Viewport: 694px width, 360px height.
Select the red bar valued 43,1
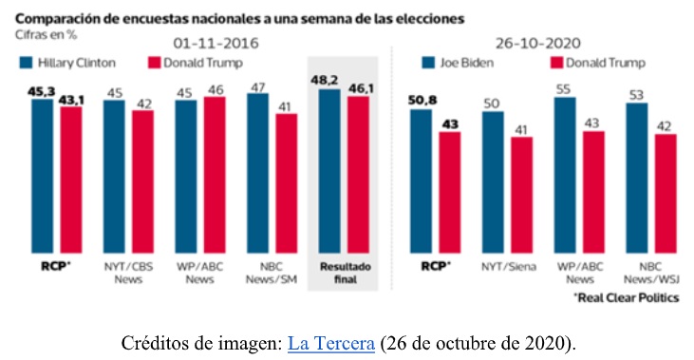pos(70,180)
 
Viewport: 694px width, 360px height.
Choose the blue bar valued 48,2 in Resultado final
pos(328,170)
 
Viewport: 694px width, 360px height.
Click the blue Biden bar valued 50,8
pos(421,180)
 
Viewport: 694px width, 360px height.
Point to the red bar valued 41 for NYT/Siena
pos(521,195)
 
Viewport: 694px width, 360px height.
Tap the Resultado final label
pos(343,274)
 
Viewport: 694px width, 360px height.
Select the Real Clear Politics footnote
pos(627,298)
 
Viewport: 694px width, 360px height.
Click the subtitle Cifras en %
pos(44,33)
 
